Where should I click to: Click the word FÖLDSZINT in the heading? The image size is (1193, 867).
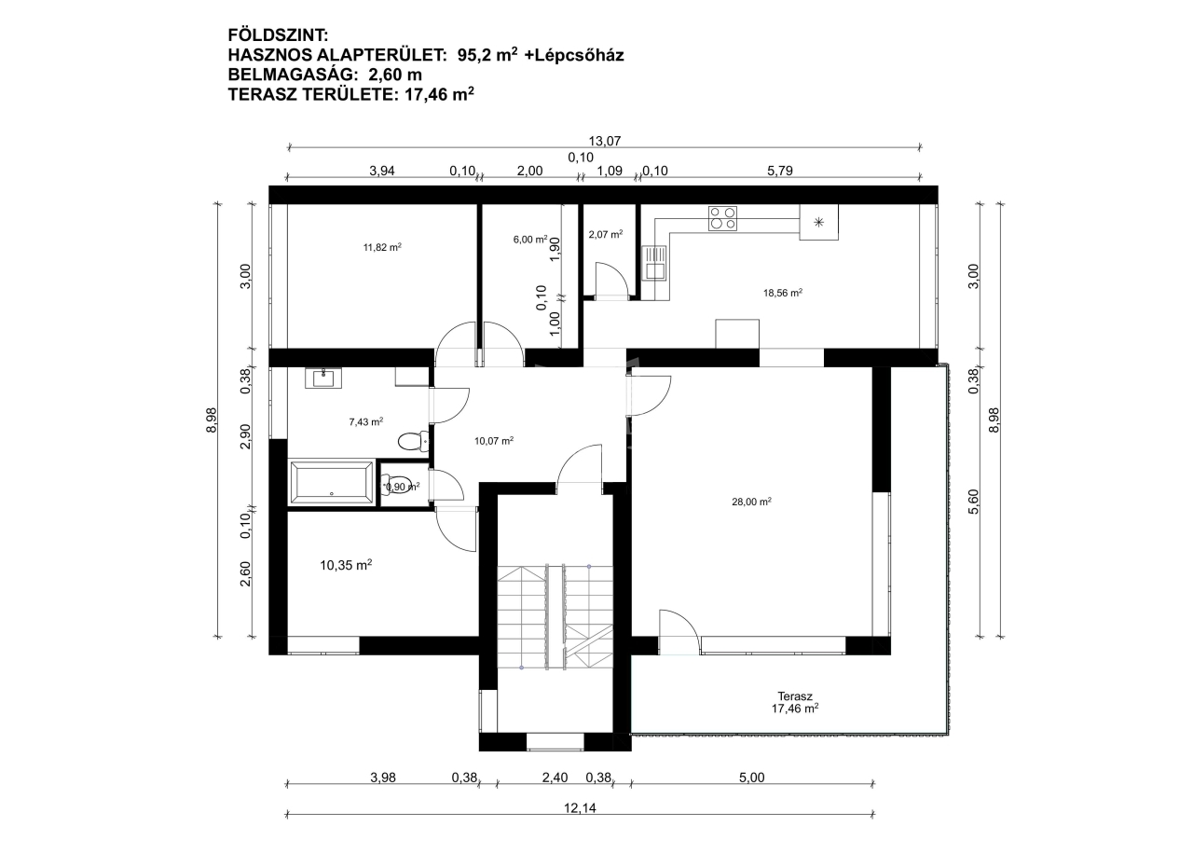click(278, 35)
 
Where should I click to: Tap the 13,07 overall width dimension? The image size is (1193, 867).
click(605, 141)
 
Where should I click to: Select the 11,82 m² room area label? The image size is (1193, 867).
click(382, 247)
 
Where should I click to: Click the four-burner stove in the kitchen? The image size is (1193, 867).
click(722, 218)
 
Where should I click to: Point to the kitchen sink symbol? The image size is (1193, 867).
click(654, 263)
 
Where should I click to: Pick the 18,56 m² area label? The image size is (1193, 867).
click(782, 293)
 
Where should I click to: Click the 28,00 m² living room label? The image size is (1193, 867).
click(751, 502)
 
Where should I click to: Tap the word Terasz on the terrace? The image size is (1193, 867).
click(795, 696)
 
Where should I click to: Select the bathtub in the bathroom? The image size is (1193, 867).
click(331, 483)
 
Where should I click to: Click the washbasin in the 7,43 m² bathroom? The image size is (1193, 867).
click(323, 378)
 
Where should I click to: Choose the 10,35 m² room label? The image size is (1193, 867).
click(346, 565)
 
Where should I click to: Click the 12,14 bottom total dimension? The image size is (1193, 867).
click(580, 808)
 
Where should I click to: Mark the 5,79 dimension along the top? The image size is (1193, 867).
click(780, 171)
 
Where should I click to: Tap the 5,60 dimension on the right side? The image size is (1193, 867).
click(973, 502)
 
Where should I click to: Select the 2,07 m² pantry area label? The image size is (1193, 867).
click(606, 234)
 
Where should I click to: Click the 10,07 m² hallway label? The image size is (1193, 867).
click(494, 440)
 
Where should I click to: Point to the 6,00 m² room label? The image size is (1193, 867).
click(530, 239)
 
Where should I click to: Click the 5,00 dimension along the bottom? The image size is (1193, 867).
click(751, 778)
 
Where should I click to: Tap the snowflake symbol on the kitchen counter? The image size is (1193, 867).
click(818, 222)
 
